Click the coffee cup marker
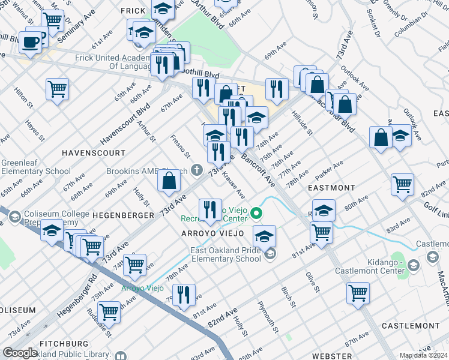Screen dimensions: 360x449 click(x=30, y=42)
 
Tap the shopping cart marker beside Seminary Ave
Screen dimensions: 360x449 click(x=53, y=20)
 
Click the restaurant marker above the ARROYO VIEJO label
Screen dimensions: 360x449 click(x=210, y=210)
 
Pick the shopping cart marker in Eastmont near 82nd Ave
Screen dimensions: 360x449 click(x=402, y=184)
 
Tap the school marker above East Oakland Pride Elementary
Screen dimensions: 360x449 click(x=264, y=236)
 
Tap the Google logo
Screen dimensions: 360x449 click(x=20, y=353)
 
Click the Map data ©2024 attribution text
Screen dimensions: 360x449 click(x=423, y=355)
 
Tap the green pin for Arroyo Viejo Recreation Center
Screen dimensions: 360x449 click(x=256, y=212)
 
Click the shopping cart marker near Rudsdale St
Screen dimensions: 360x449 click(x=109, y=311)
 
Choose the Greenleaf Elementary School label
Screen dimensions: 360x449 click(x=36, y=167)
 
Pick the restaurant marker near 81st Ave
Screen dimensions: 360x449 click(x=184, y=295)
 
